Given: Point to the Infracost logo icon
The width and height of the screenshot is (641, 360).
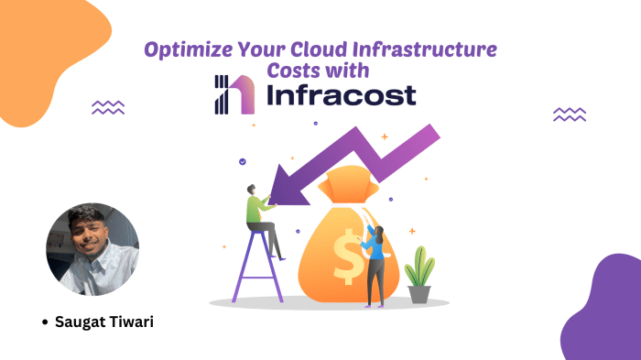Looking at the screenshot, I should click(230, 94).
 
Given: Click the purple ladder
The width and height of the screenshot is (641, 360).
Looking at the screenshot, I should click(255, 266).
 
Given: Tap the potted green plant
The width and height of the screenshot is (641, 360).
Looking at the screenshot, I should click(419, 275).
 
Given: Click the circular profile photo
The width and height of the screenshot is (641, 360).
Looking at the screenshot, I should click(92, 250).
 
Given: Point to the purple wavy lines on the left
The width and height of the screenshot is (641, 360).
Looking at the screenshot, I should click(108, 108).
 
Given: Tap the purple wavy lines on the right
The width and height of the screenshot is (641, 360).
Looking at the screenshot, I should click(570, 114).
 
